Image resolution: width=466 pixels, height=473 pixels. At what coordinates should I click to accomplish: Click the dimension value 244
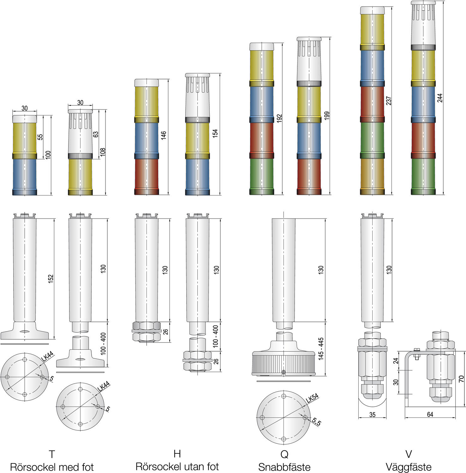click(440, 98)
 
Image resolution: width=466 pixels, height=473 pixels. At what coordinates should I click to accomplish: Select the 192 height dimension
click(279, 118)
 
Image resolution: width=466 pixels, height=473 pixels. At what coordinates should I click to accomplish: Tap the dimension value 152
click(51, 279)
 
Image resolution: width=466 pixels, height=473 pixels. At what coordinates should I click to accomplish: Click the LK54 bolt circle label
click(312, 398)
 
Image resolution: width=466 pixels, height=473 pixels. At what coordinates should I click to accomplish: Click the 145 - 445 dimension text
click(321, 349)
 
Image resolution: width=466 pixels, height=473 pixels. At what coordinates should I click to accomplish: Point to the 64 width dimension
click(430, 414)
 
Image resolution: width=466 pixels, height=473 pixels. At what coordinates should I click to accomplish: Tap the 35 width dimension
click(372, 415)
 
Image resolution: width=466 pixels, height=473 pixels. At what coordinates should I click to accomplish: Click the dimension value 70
click(462, 379)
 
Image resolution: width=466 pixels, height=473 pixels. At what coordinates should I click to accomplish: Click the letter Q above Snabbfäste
click(284, 454)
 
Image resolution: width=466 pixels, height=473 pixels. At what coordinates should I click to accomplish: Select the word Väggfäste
click(408, 467)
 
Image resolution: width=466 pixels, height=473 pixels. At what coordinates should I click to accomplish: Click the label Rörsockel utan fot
click(177, 467)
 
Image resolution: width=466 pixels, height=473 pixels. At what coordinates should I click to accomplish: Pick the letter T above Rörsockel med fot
click(52, 454)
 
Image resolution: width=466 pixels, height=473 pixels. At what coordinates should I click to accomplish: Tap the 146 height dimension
click(164, 136)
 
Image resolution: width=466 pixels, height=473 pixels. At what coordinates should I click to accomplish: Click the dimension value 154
click(215, 133)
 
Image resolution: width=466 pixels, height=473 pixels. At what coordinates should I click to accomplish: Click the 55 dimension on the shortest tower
click(40, 137)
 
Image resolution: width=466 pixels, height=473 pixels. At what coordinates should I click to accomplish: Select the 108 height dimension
click(102, 152)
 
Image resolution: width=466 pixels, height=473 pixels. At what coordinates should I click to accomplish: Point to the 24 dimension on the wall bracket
click(396, 361)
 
